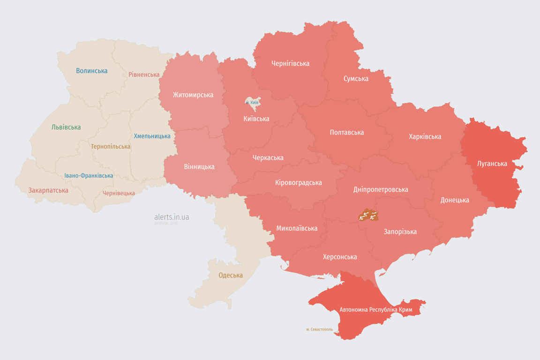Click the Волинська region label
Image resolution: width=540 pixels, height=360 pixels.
[x=91, y=71]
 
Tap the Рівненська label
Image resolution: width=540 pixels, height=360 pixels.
[x=144, y=75]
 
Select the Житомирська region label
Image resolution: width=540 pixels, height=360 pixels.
[x=193, y=95]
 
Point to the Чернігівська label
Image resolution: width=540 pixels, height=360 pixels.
[x=290, y=63]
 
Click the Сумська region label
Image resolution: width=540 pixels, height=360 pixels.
[x=356, y=78]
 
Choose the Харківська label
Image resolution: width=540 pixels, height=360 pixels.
[x=425, y=136]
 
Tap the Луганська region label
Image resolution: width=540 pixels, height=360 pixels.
[x=492, y=164]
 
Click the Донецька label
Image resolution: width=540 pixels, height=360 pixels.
[x=454, y=200]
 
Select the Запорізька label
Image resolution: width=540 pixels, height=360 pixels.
[x=400, y=232]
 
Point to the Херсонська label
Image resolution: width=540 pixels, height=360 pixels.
[x=339, y=257]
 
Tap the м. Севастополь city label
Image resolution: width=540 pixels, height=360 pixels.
[x=319, y=330]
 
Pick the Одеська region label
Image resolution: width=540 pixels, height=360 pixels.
[x=231, y=275]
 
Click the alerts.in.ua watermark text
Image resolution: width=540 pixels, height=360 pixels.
[x=172, y=217]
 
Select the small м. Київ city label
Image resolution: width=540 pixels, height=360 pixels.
[x=252, y=102]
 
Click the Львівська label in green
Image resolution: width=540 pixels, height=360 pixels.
[x=66, y=127]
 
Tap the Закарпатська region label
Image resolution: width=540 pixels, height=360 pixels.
[x=48, y=190]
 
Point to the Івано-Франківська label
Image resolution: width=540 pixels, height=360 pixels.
[x=89, y=176]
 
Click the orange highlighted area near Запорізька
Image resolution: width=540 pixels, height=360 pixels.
[x=368, y=216]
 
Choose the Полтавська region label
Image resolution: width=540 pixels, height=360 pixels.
[x=346, y=132]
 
